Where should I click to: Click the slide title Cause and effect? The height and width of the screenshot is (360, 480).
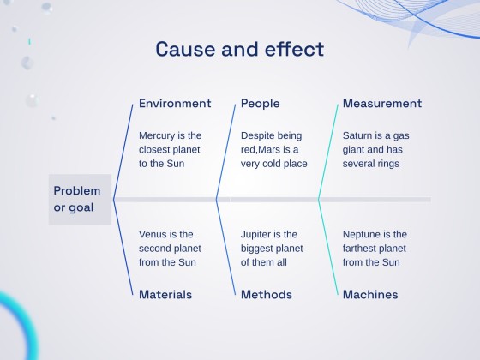240,49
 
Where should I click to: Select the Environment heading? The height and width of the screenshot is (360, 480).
175,104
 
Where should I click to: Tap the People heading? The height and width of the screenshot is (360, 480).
260,104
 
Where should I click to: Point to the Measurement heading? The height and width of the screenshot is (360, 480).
381,104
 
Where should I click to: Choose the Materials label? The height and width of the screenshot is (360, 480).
165,295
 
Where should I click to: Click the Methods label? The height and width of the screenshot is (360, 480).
266,295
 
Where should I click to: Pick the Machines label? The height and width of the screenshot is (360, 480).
369,295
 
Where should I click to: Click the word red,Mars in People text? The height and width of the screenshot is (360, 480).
276,149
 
